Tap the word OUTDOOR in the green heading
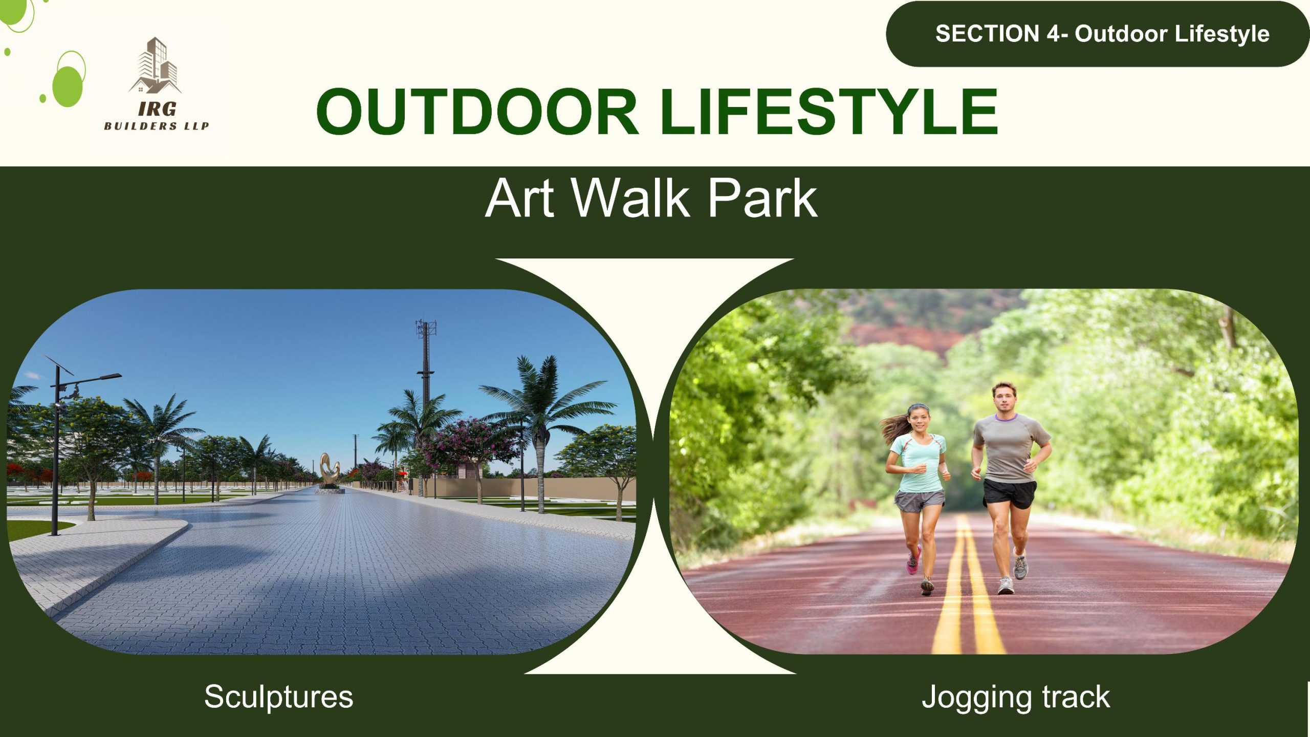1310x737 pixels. tap(477, 112)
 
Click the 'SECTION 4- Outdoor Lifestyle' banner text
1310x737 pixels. tap(1102, 34)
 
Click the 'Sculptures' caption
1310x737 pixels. tap(278, 697)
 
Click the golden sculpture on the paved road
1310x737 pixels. tap(330, 471)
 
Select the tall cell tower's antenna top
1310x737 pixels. tap(426, 327)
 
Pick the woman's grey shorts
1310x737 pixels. tap(919, 501)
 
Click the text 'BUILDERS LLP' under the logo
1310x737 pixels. tap(157, 126)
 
